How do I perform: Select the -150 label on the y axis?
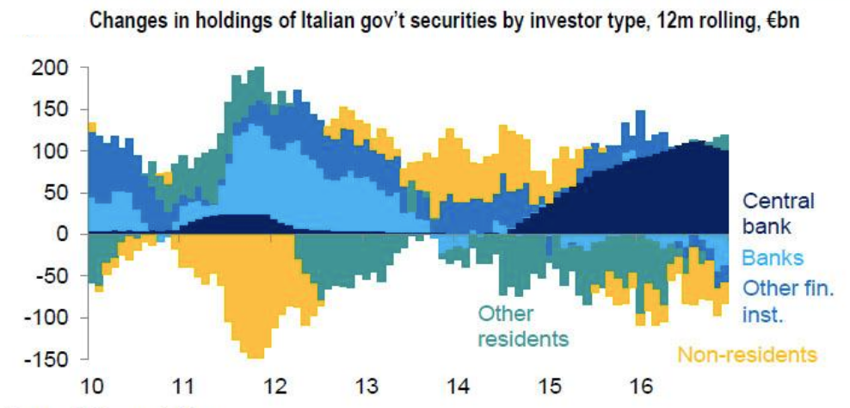[x=46, y=359]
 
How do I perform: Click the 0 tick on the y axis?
[x=62, y=234]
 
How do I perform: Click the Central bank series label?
[x=778, y=213]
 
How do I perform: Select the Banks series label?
[x=773, y=257]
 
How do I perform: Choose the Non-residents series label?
[x=745, y=354]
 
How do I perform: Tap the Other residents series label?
[x=523, y=325]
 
